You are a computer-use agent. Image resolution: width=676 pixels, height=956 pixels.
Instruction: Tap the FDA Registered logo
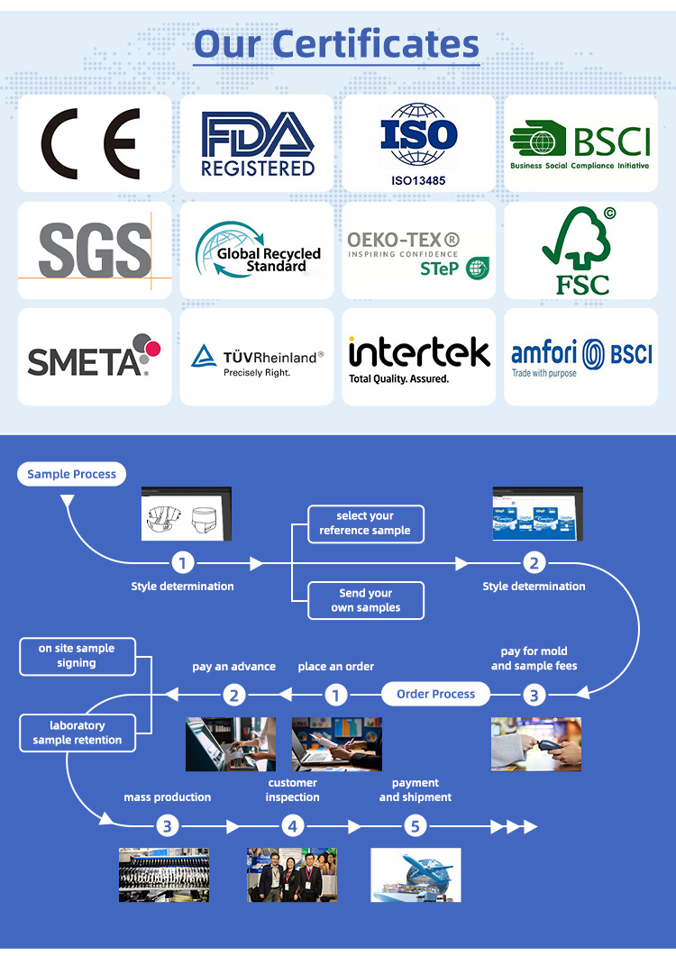pyautogui.click(x=257, y=144)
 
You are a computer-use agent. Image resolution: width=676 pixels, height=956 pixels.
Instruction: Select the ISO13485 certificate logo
pyautogui.click(x=418, y=142)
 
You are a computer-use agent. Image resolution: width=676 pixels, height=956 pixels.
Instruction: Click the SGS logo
pyautogui.click(x=95, y=250)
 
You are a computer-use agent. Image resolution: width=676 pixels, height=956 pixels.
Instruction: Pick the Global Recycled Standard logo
pyautogui.click(x=257, y=250)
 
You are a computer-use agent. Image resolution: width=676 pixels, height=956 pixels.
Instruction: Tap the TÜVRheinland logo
pyautogui.click(x=257, y=359)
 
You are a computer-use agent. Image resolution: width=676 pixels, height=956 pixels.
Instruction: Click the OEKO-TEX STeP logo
pyautogui.click(x=418, y=252)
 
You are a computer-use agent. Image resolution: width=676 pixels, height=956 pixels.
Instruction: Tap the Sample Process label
pyautogui.click(x=72, y=474)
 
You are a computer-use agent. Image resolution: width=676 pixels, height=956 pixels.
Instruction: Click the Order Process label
pyautogui.click(x=435, y=695)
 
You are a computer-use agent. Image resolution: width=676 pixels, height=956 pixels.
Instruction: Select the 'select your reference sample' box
pyautogui.click(x=365, y=524)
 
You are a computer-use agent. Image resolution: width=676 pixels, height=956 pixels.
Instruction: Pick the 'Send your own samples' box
pyautogui.click(x=365, y=600)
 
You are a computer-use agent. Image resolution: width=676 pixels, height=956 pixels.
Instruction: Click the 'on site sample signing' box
pyautogui.click(x=77, y=656)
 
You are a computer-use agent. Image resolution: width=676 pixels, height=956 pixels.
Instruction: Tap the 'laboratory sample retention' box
pyautogui.click(x=77, y=733)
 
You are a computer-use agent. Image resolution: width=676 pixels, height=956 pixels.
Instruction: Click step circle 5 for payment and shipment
pyautogui.click(x=415, y=826)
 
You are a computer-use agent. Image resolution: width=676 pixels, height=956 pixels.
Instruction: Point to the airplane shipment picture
pyautogui.click(x=416, y=874)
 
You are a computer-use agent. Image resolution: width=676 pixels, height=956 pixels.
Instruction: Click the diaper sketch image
pyautogui.click(x=186, y=514)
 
